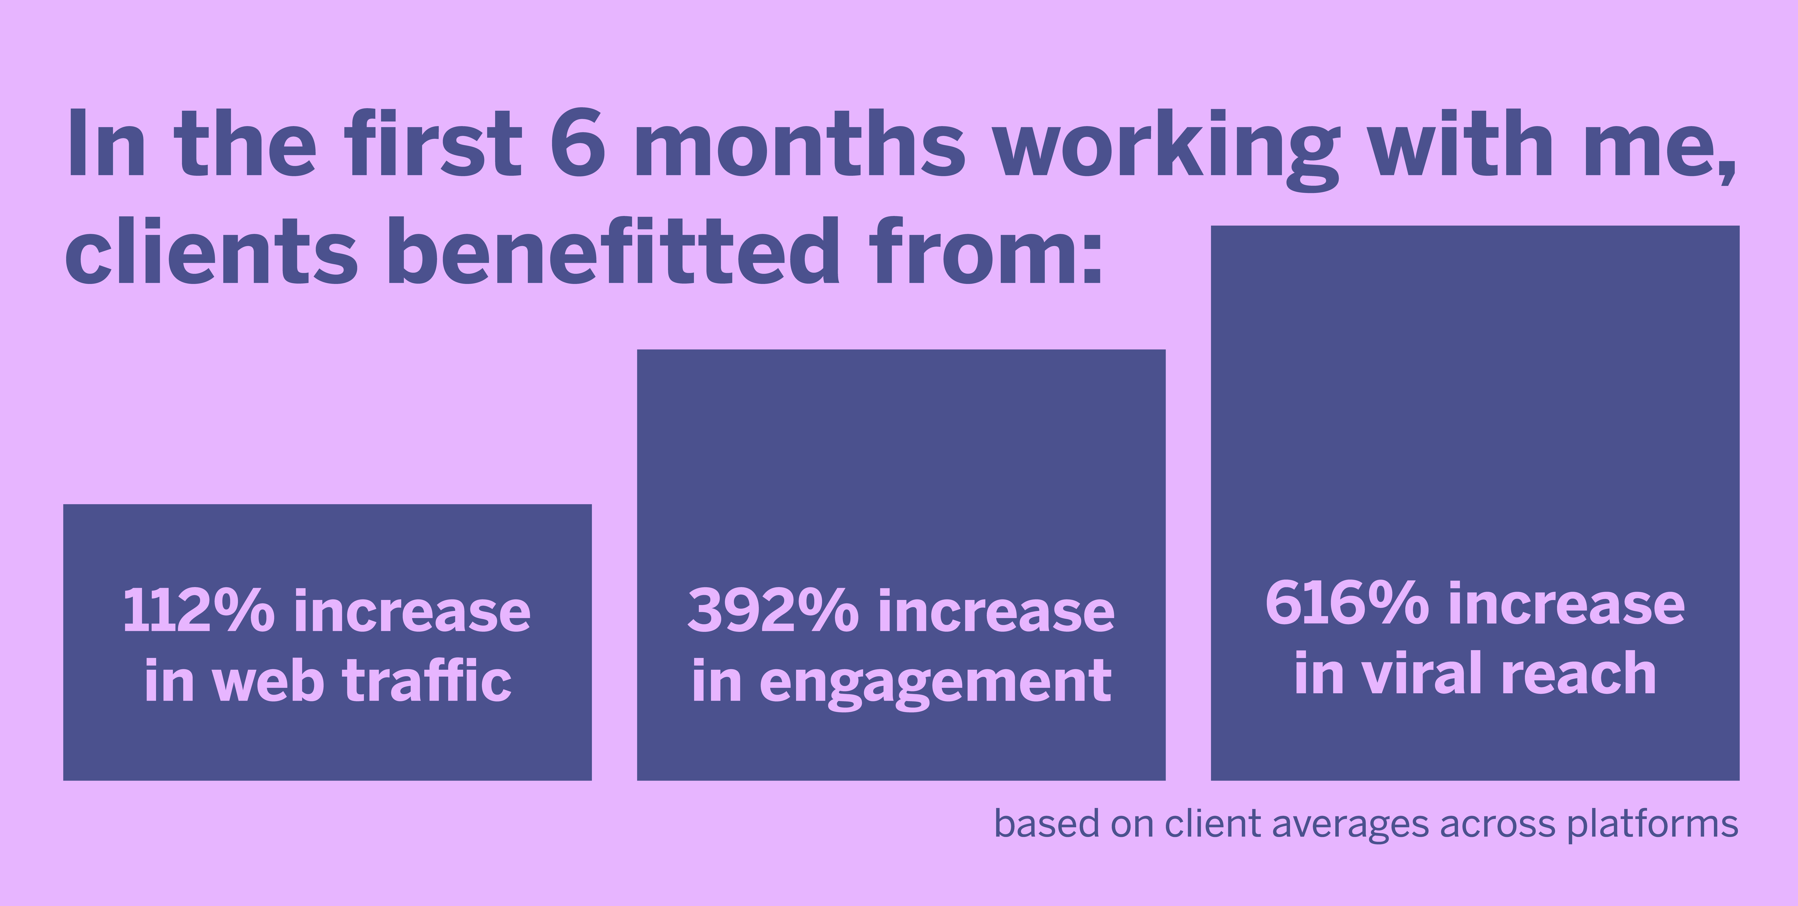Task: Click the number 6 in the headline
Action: coord(577,143)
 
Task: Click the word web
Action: coord(269,681)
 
